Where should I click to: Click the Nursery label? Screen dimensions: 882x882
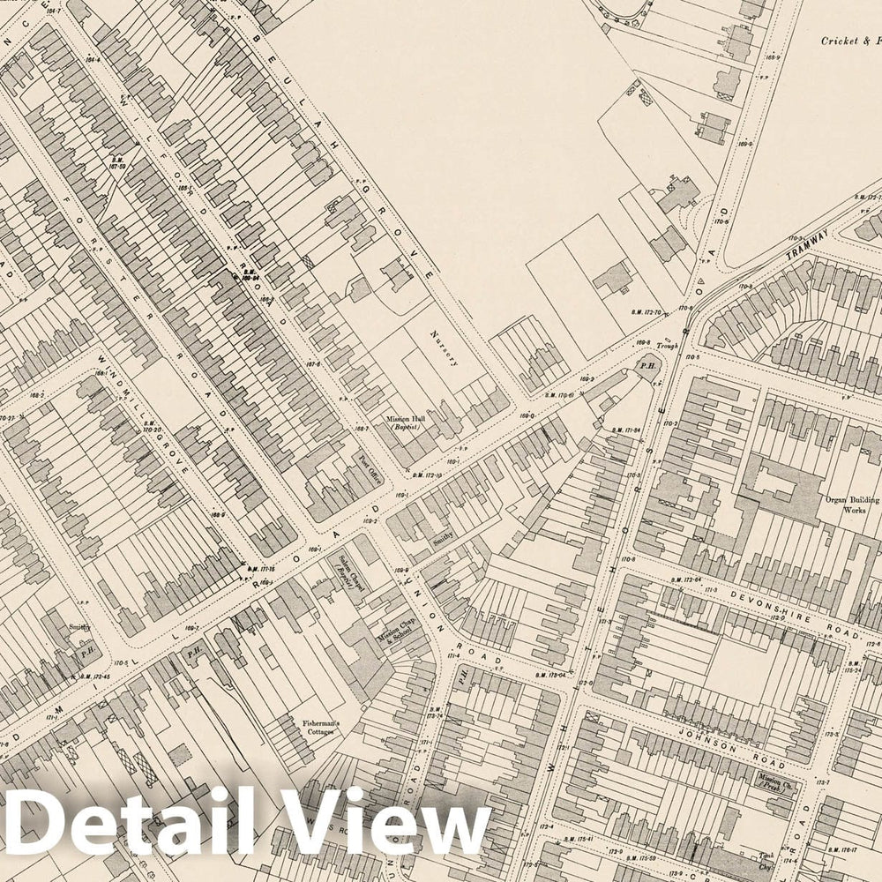[440, 348]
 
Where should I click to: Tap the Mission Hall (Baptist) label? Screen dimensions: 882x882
[406, 423]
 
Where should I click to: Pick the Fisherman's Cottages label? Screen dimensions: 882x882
[322, 729]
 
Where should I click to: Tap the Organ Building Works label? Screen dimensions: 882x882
[848, 505]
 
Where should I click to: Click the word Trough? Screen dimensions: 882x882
[667, 347]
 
